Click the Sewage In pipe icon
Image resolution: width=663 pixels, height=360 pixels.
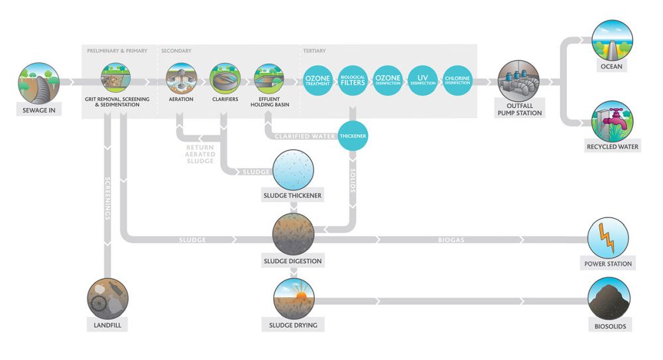(39, 84)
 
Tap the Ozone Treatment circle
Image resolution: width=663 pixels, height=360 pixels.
(318, 80)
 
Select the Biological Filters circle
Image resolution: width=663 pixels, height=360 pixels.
(353, 80)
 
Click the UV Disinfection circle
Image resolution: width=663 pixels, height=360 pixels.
(422, 80)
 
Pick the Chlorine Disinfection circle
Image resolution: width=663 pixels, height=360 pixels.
(457, 80)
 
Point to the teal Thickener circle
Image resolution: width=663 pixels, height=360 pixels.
(353, 136)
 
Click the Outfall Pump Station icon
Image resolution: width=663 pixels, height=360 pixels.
(519, 81)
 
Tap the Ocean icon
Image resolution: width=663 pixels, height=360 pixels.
(612, 40)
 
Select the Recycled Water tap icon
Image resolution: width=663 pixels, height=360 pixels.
(612, 121)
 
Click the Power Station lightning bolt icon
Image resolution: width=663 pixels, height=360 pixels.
(608, 238)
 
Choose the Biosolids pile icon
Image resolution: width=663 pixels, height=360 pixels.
(609, 298)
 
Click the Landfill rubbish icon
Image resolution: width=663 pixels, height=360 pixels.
(107, 298)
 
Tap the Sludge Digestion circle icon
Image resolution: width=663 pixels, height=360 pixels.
(294, 234)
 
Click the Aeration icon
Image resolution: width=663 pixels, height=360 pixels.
(182, 78)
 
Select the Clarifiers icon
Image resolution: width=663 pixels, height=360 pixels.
(225, 78)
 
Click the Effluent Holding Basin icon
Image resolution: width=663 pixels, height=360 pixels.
(269, 78)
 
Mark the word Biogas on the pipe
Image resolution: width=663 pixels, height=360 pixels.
(451, 240)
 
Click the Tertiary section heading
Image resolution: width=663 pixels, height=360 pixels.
(314, 51)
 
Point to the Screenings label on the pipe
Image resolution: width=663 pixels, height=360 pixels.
(107, 198)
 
